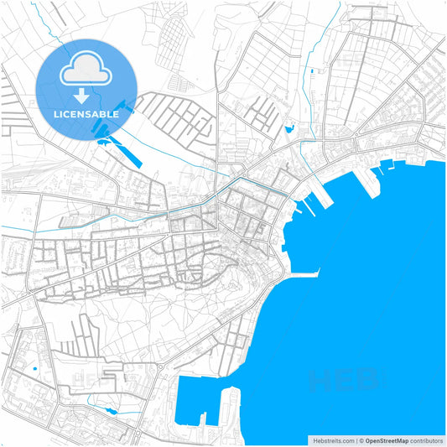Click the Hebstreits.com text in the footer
coord(331,439)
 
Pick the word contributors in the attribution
coord(427,439)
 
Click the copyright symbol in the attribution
coord(361,439)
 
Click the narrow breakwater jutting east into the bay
coord(306,273)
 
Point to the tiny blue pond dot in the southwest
coord(34,368)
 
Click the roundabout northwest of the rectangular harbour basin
coord(159,366)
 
